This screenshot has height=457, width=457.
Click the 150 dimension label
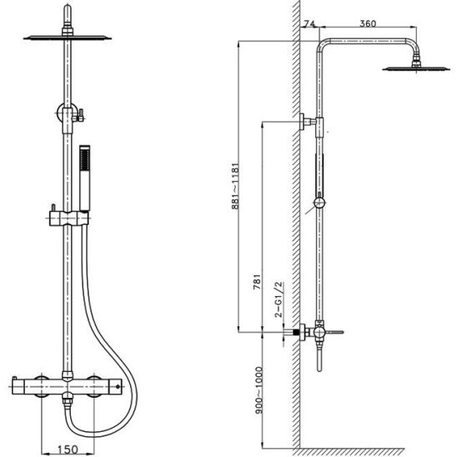pyautogui.click(x=68, y=449)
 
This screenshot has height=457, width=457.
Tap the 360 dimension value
pyautogui.click(x=368, y=23)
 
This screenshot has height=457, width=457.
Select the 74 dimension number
pyautogui.click(x=309, y=23)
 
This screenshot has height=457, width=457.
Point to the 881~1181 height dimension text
pyautogui.click(x=235, y=186)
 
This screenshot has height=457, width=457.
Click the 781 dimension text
pyautogui.click(x=257, y=282)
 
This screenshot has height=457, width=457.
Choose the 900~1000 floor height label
pyautogui.click(x=259, y=390)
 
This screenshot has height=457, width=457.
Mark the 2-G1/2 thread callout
pyautogui.click(x=279, y=299)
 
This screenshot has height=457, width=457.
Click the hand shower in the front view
pyautogui.click(x=85, y=178)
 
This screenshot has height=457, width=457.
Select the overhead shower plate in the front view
pyautogui.click(x=68, y=38)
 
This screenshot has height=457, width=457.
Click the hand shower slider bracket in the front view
pyautogui.click(x=68, y=218)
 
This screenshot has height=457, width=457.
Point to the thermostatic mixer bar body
pyautogui.click(x=67, y=387)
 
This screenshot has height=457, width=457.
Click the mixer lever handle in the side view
pyautogui.click(x=334, y=332)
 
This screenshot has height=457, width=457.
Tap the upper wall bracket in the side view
pyautogui.click(x=308, y=121)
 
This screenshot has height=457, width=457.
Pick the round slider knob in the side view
pyautogui.click(x=319, y=203)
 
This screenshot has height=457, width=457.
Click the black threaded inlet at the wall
pyautogui.click(x=296, y=332)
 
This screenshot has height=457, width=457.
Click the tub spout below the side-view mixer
pyautogui.click(x=319, y=359)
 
